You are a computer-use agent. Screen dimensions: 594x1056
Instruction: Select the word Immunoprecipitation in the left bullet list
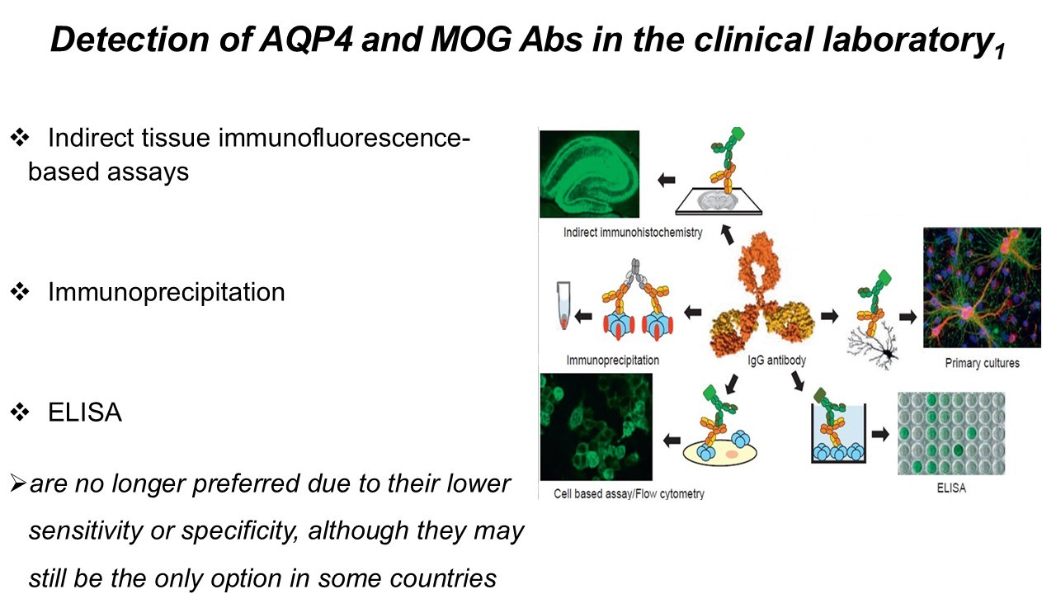pos(166,292)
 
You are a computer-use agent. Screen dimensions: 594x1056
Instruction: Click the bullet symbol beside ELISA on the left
pos(18,412)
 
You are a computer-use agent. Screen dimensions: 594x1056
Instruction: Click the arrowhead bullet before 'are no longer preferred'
pos(17,483)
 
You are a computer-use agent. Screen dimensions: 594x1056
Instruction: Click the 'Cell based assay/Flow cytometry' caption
pos(623,494)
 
